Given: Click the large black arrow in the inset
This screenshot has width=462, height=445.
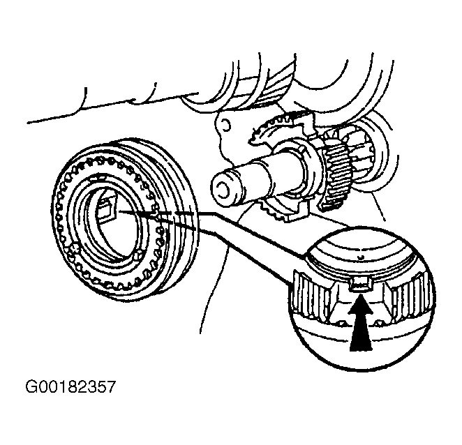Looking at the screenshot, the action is pos(361,327).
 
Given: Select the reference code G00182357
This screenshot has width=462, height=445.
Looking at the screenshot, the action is pos(70,386).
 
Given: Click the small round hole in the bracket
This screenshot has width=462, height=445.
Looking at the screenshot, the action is pos(225,124).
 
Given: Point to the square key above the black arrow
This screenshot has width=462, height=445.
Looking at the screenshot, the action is pos(360,283).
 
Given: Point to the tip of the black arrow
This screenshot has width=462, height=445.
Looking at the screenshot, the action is pos(361,298).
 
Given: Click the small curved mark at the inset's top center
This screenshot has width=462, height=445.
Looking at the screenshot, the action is pos(359,257).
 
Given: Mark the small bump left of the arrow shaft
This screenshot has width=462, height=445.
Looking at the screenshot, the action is pos(341,324).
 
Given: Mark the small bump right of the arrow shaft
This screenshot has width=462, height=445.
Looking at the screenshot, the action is pos(379,324).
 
